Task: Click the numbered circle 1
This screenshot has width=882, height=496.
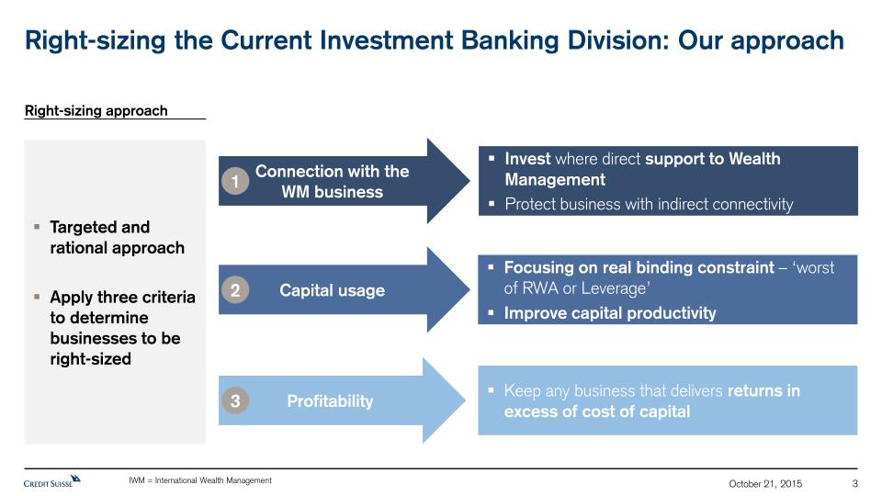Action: (235, 181)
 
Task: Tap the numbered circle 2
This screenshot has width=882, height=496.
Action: (235, 290)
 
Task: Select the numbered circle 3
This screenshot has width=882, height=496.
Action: (235, 401)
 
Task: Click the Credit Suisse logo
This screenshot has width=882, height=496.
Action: (51, 481)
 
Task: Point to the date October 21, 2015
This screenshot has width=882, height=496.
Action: (765, 484)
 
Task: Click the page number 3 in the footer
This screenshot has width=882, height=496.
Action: (854, 484)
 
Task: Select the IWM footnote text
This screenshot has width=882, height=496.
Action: (199, 480)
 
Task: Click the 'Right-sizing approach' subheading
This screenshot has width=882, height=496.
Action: (96, 111)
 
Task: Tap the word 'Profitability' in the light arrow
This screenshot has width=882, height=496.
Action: (330, 401)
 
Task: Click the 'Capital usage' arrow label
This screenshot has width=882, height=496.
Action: (332, 290)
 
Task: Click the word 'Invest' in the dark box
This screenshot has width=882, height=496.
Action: (527, 159)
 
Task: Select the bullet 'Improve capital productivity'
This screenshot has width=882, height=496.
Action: (610, 313)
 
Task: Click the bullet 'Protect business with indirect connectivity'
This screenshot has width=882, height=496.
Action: (649, 204)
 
